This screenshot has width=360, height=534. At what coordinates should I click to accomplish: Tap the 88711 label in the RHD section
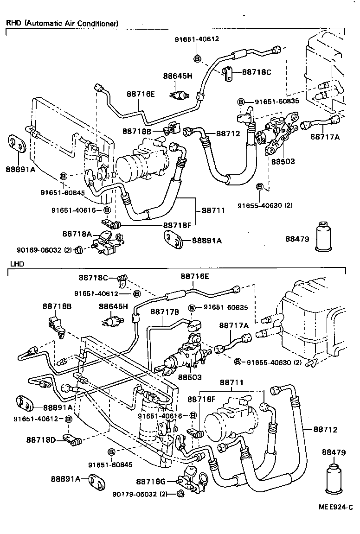pyautogui.click(x=213, y=210)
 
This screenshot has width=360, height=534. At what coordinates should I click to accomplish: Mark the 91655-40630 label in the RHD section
pyautogui.click(x=265, y=205)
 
